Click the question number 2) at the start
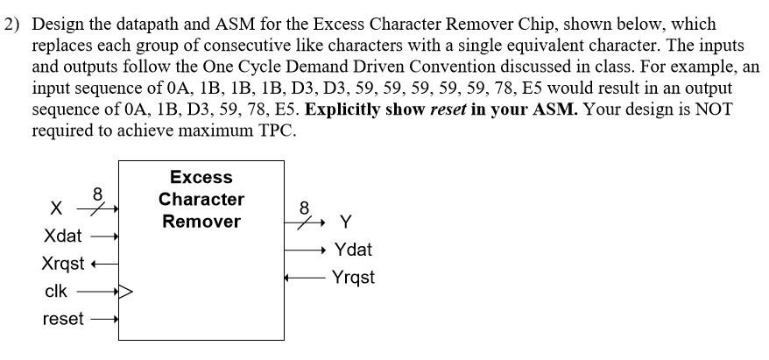13,25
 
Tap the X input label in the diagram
55,209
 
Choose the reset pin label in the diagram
63,320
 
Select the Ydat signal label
355,250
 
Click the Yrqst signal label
356,278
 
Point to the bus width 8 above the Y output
304,208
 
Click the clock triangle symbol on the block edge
123,292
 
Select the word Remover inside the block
201,222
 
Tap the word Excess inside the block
201,178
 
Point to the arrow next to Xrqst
107,264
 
